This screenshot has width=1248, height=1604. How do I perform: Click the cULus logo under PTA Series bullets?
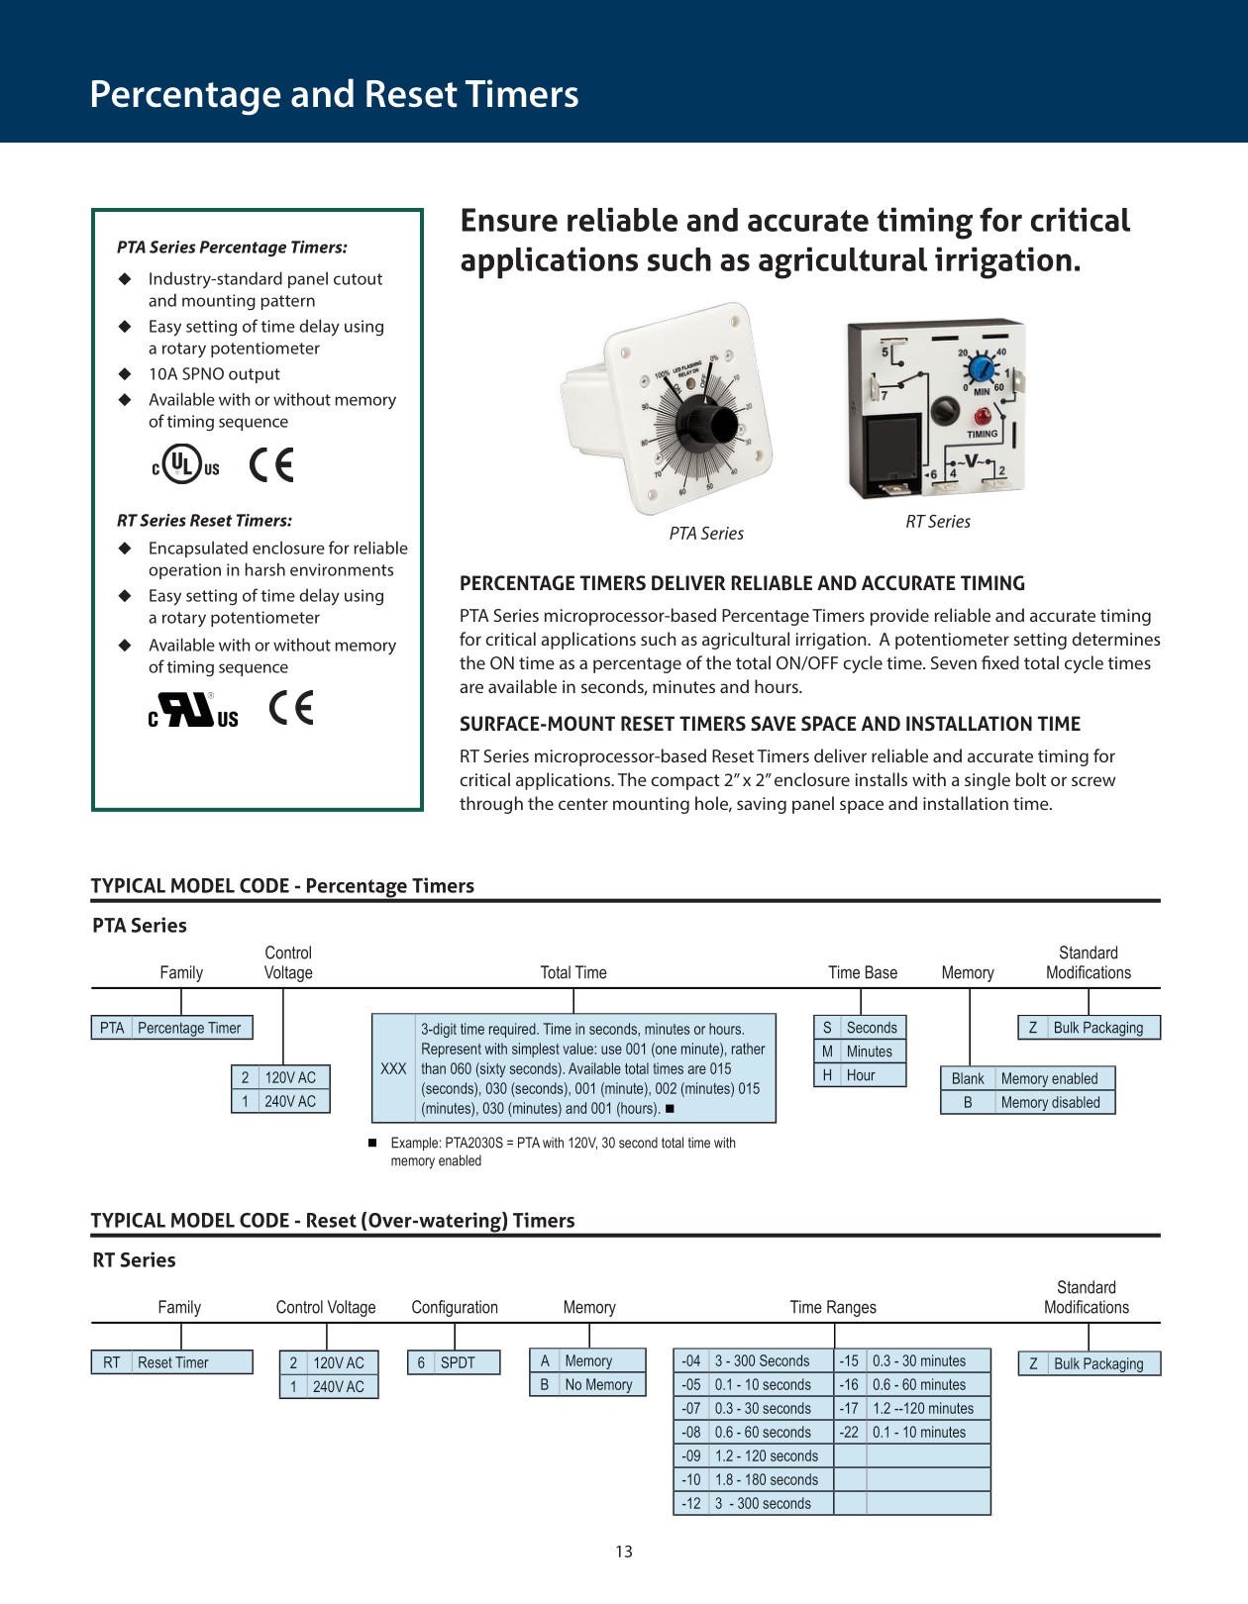click(x=185, y=463)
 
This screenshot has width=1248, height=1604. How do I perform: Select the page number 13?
click(x=624, y=1552)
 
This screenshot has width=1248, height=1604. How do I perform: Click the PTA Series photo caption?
click(x=706, y=534)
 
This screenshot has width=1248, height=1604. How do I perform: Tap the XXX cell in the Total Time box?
click(x=393, y=1069)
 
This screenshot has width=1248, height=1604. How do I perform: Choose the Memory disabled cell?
click(x=1050, y=1103)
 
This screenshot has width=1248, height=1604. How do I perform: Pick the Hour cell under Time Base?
click(x=860, y=1075)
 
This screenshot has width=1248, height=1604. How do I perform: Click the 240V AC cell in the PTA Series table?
click(x=289, y=1101)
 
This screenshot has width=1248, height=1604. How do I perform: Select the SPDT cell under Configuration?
click(x=458, y=1362)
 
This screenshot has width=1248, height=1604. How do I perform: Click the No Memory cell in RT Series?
click(x=598, y=1385)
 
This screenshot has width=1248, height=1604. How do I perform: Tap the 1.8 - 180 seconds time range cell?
click(x=767, y=1480)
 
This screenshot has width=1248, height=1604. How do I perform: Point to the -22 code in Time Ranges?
click(x=850, y=1433)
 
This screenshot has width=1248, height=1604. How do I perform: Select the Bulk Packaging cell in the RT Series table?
click(x=1097, y=1363)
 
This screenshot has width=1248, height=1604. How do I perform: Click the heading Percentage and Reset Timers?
click(x=334, y=94)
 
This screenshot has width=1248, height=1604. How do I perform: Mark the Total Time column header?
click(x=573, y=972)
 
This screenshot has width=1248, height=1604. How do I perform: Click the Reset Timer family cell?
click(x=173, y=1362)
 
